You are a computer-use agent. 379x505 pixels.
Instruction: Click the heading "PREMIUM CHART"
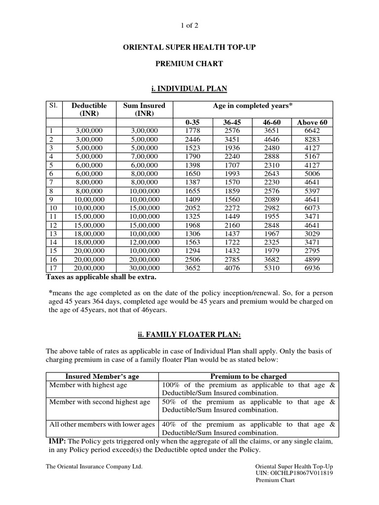pyautogui.click(x=190, y=64)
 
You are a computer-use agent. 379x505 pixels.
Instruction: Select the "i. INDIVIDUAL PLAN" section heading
pyautogui.click(x=190, y=89)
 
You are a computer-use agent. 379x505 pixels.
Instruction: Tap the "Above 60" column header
pyautogui.click(x=312, y=122)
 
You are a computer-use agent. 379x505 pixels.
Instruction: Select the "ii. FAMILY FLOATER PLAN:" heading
pyautogui.click(x=190, y=335)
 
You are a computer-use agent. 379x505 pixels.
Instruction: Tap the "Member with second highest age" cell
pyautogui.click(x=99, y=402)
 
